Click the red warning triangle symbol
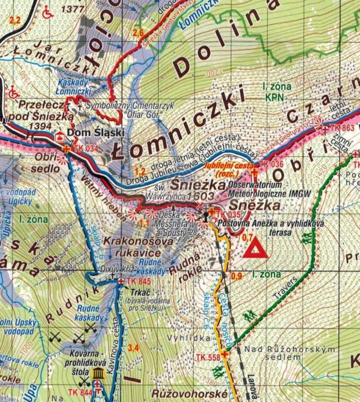pos(255,249)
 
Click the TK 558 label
pos(208,358)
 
